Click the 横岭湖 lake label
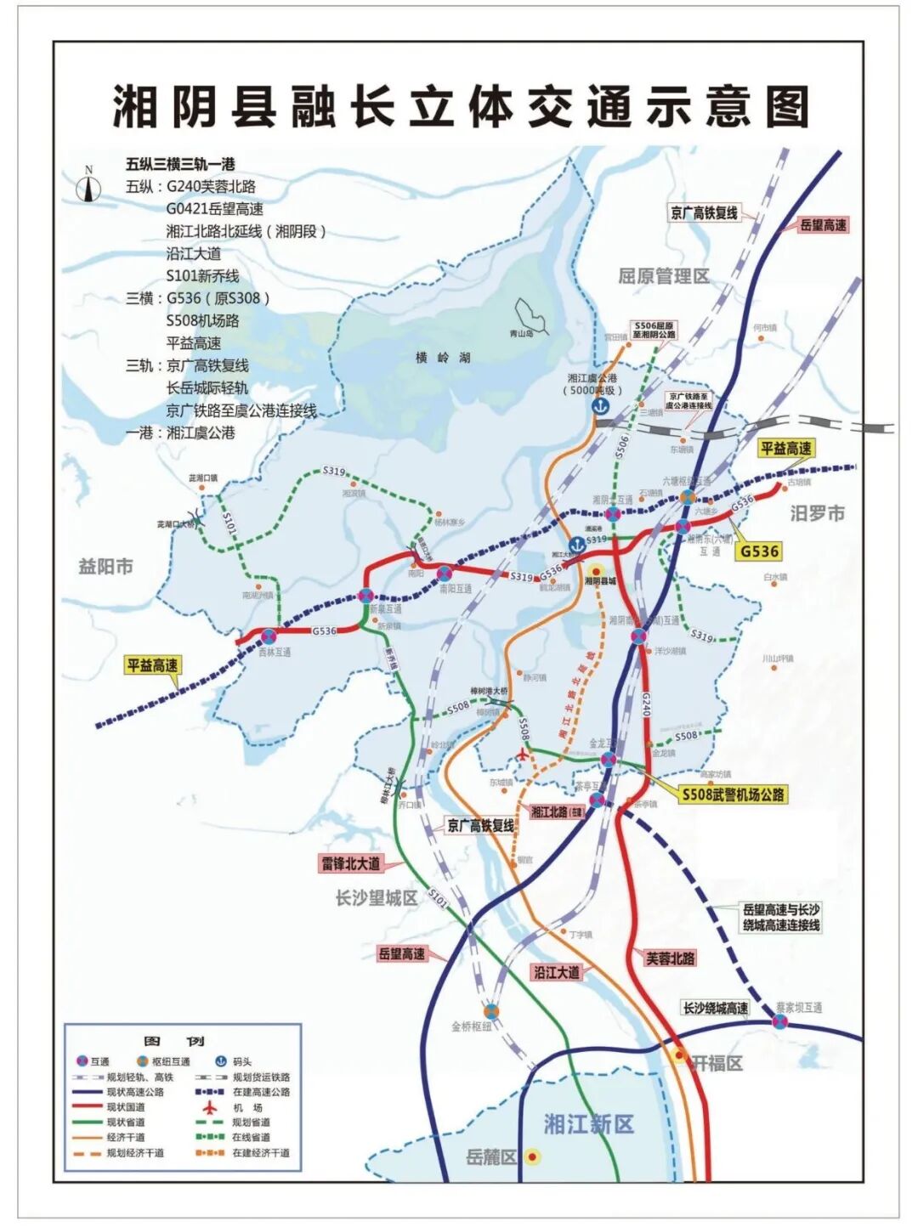pyautogui.click(x=443, y=358)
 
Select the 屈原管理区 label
pyautogui.click(x=663, y=276)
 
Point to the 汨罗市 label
pyautogui.click(x=817, y=513)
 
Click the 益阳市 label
pyautogui.click(x=105, y=566)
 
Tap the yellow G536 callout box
pyautogui.click(x=759, y=551)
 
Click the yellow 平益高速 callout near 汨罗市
pyautogui.click(x=785, y=448)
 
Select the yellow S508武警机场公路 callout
pyautogui.click(x=733, y=794)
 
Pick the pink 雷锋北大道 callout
pyautogui.click(x=350, y=863)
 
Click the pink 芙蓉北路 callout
pyautogui.click(x=670, y=958)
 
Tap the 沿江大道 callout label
pyautogui.click(x=557, y=972)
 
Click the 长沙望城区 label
pyautogui.click(x=377, y=897)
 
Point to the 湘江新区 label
pyautogui.click(x=588, y=1124)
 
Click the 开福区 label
pyautogui.click(x=717, y=1063)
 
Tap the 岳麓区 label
pyautogui.click(x=491, y=1157)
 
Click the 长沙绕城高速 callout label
pyautogui.click(x=716, y=1008)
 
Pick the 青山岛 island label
pyautogui.click(x=521, y=334)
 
